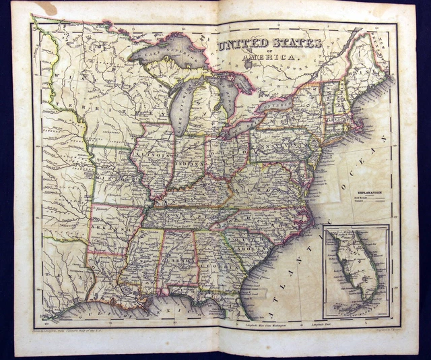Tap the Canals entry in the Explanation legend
[358, 204]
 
